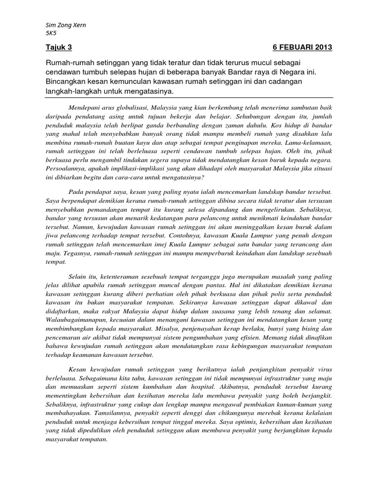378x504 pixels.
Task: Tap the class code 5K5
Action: click(50, 33)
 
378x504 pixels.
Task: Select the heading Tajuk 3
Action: click(58, 47)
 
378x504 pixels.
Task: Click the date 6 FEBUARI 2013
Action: click(302, 47)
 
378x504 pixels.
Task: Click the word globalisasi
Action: click(140, 107)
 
